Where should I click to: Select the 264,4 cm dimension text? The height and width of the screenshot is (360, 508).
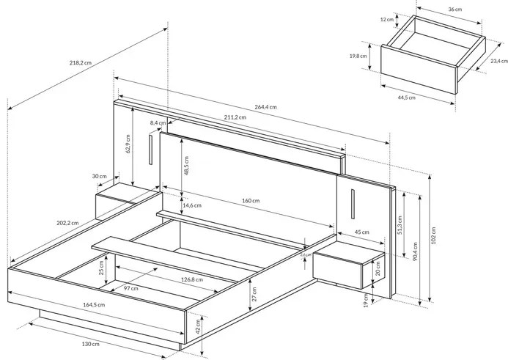[x=265, y=107]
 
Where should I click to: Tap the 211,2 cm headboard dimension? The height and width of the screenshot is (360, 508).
[x=234, y=118]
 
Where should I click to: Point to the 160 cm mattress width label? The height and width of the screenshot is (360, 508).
[x=251, y=200]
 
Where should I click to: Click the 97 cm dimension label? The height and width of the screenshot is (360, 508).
[x=130, y=289]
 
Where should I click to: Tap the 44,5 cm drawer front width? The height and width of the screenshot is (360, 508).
[x=406, y=97]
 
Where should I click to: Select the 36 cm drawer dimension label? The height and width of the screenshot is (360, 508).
[x=455, y=10]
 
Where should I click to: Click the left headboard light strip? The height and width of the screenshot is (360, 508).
[x=150, y=150]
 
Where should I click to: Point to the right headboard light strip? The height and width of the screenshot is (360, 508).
[x=352, y=205]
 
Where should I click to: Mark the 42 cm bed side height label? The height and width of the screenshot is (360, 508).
[x=197, y=326]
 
